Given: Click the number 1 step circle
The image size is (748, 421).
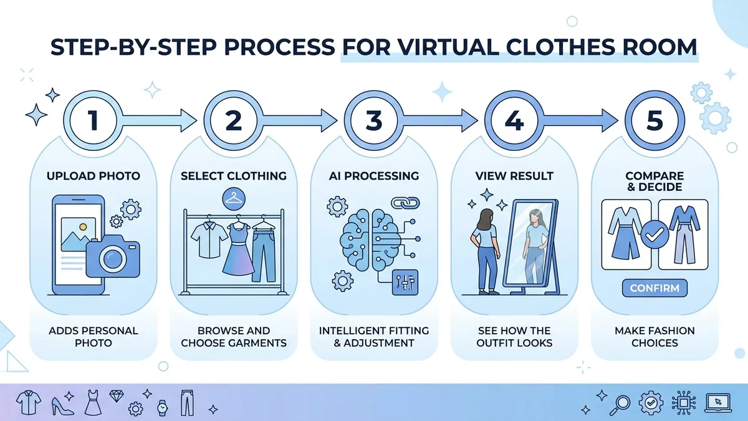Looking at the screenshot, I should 93,120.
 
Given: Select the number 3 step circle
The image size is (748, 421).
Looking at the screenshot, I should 373,120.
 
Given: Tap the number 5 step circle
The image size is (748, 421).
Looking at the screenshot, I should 654,120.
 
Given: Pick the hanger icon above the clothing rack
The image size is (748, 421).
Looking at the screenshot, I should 233,199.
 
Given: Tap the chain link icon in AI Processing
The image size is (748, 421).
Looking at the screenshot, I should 402,203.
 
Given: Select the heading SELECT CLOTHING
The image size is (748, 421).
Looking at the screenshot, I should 233,176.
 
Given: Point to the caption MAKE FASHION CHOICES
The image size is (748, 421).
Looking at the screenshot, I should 654,336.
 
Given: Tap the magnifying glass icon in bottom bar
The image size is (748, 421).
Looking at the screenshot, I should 621,403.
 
